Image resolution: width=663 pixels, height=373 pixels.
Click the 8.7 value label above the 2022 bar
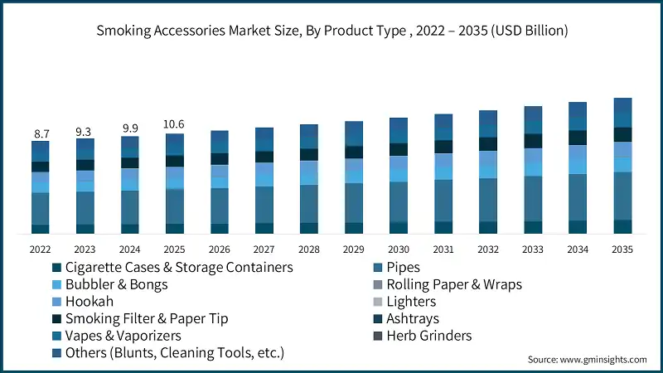[x=41, y=133]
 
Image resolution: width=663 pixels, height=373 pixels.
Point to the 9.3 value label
[x=85, y=131]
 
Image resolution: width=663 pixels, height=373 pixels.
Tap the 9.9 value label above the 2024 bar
[x=129, y=128]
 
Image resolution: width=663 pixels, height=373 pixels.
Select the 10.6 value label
[x=174, y=125]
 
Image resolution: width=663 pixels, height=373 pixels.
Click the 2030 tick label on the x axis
[x=399, y=249]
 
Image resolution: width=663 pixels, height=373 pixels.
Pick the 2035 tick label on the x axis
[x=622, y=249]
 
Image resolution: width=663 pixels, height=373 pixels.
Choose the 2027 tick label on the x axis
[x=264, y=249]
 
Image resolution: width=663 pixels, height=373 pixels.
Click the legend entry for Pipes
[x=403, y=268]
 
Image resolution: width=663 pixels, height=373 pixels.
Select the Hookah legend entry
[x=89, y=302]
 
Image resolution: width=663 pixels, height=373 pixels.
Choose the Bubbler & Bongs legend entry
[x=116, y=285]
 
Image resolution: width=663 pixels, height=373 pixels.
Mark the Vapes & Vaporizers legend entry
[x=123, y=336]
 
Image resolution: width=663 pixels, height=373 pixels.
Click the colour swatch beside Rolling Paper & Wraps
[x=378, y=285]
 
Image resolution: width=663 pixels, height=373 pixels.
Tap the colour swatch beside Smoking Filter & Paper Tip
[x=56, y=319]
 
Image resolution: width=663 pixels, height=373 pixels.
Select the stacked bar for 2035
[x=622, y=166]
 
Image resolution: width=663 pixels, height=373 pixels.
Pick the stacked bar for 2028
[x=308, y=179]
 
